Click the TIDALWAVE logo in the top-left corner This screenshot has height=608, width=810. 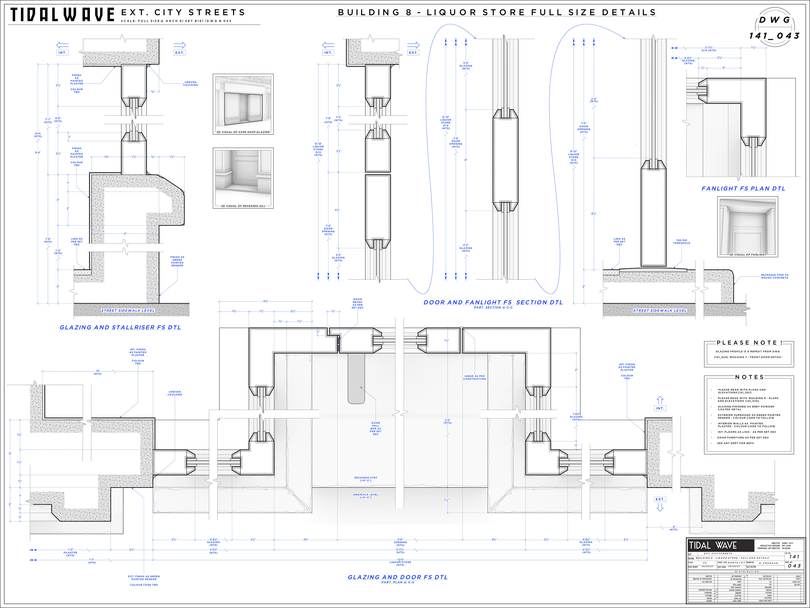(62, 15)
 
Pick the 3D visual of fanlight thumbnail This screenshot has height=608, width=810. (747, 227)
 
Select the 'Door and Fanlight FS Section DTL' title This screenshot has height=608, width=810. (493, 302)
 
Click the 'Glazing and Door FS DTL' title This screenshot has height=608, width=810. (398, 577)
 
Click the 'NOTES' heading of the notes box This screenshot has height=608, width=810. (749, 377)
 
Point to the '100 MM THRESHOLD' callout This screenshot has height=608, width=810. (682, 242)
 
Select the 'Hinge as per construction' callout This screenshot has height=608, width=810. (475, 377)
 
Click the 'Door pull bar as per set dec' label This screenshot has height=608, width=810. (376, 428)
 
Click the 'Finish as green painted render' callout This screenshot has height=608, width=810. (177, 261)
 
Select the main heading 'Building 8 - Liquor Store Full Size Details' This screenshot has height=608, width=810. (497, 12)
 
